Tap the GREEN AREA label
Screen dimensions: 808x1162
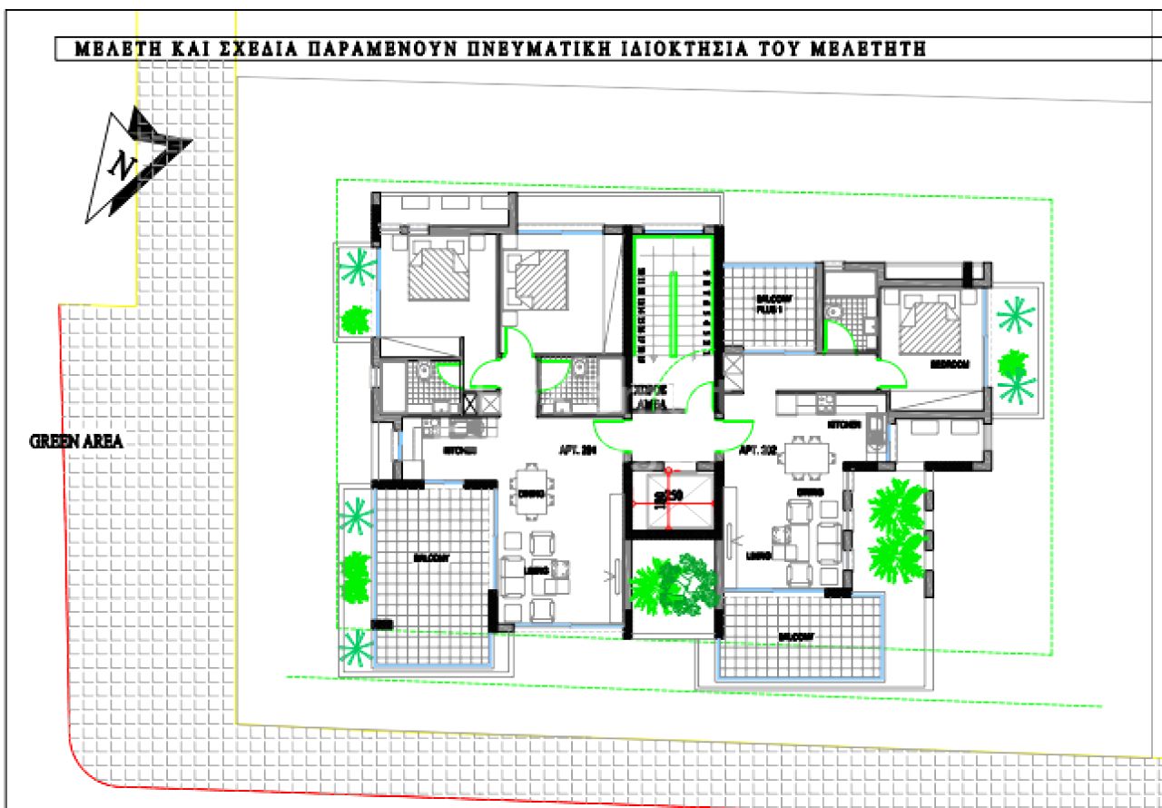pos(75,442)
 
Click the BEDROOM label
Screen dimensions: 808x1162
pos(950,363)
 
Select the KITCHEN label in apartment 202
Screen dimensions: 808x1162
pos(842,425)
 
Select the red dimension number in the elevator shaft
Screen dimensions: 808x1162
pos(670,497)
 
